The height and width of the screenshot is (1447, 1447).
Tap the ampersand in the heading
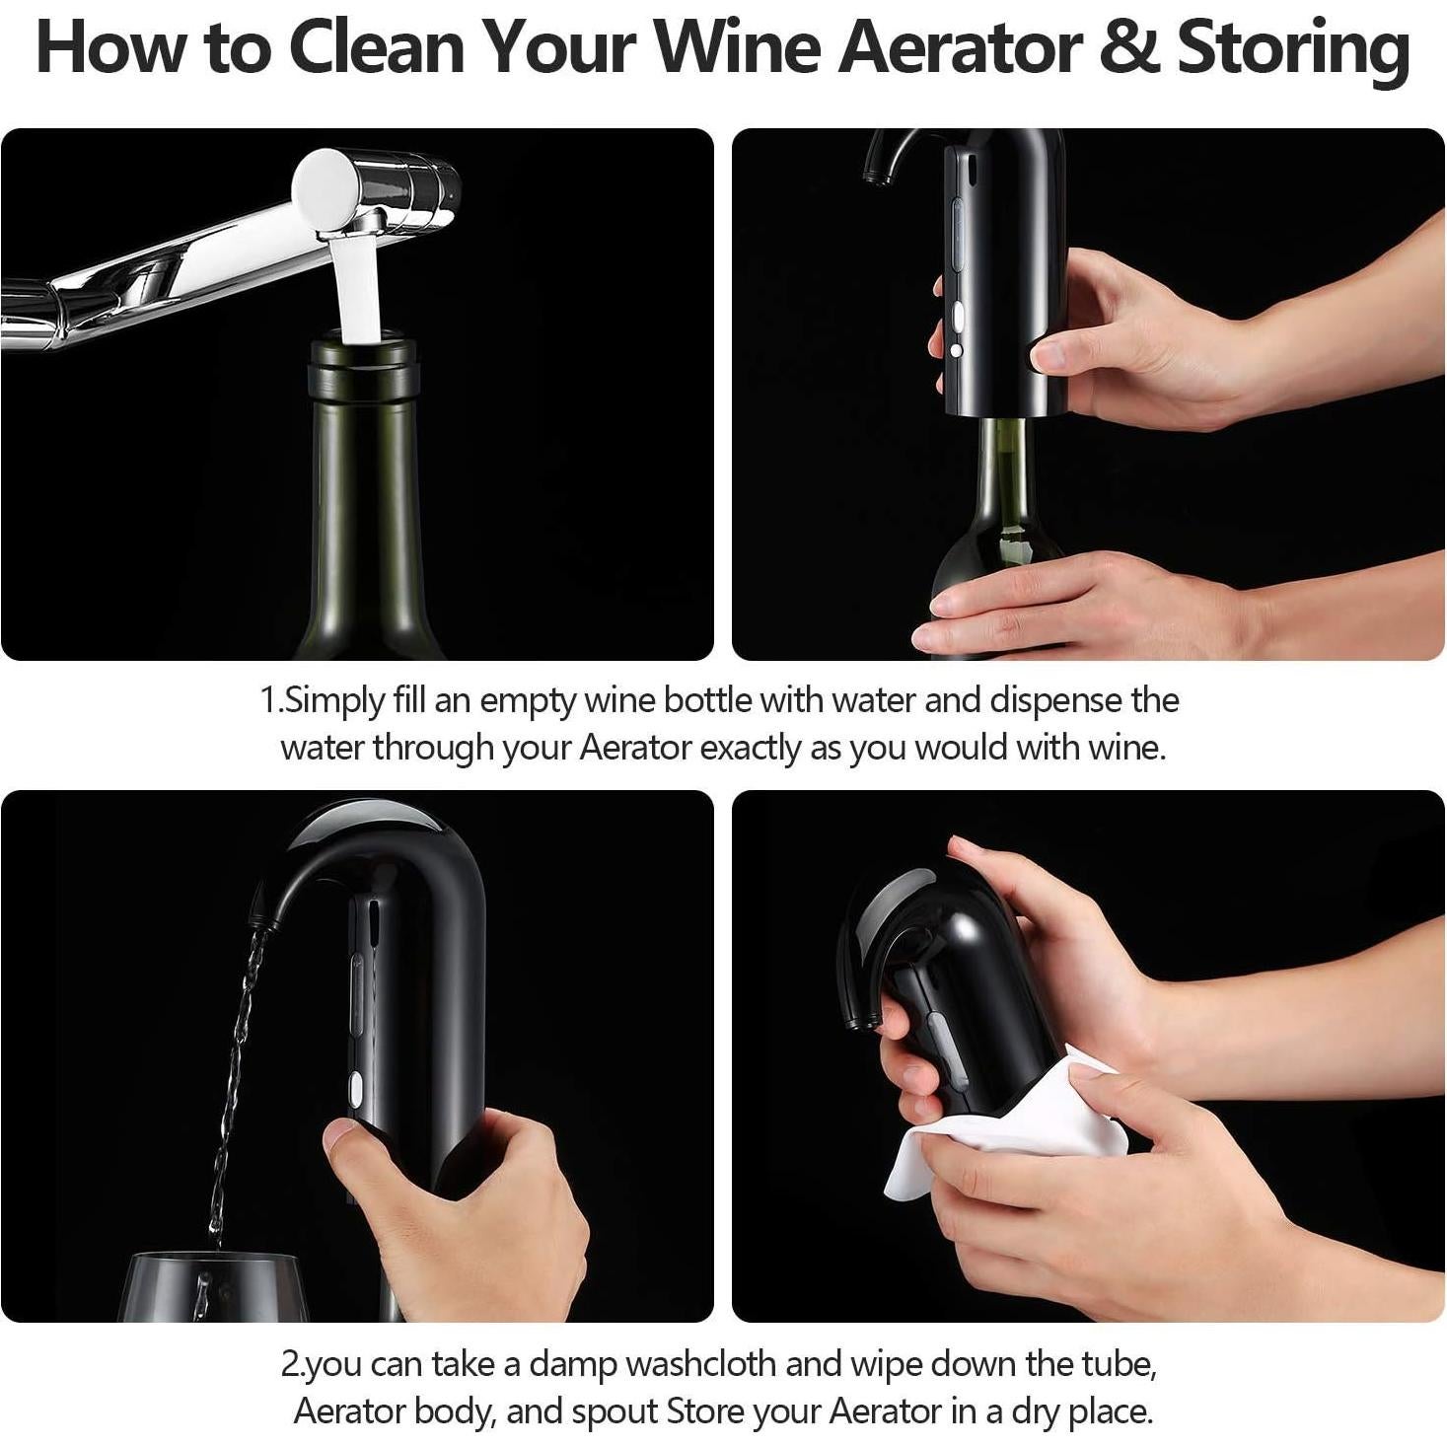[1129, 49]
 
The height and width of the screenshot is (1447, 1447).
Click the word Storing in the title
[1293, 49]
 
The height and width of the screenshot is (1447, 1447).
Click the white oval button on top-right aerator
[956, 316]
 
